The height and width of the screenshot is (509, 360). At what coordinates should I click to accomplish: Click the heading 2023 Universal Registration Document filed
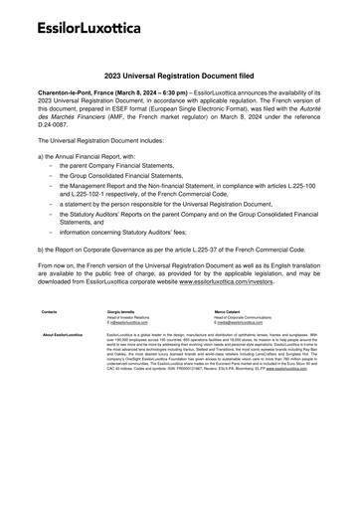point(179,75)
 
